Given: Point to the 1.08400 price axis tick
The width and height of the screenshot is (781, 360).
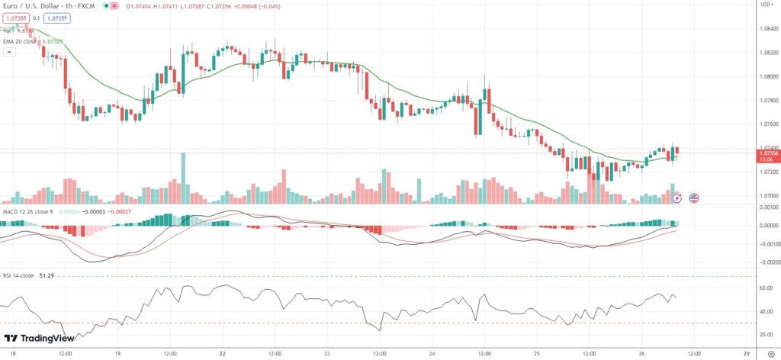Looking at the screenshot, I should click(x=767, y=29).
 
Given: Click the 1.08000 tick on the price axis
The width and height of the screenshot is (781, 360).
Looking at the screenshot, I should click(x=767, y=76).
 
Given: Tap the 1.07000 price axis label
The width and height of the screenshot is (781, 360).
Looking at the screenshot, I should click(x=767, y=195).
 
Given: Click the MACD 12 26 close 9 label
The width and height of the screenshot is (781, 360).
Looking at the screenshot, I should click(x=27, y=211).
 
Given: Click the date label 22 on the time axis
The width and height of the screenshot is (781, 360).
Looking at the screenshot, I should click(x=222, y=354).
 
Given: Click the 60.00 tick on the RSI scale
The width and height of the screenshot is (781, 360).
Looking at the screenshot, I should click(x=766, y=288).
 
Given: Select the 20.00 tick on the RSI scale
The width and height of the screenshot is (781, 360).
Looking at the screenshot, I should click(x=766, y=335).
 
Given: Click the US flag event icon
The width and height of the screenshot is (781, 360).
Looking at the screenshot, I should click(x=694, y=198).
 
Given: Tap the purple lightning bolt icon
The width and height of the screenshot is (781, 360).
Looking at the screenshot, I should click(x=677, y=198).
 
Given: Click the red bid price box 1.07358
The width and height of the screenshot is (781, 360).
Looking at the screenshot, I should click(x=15, y=17).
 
